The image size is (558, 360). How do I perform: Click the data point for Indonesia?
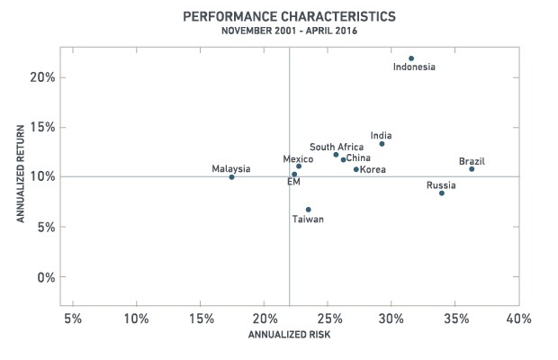tap(411, 58)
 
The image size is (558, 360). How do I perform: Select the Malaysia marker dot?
tap(231, 176)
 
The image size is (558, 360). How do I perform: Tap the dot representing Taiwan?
tap(308, 210)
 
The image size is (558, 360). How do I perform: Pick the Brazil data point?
tap(472, 169)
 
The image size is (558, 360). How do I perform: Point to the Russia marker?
tap(442, 193)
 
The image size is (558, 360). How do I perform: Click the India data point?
tap(382, 144)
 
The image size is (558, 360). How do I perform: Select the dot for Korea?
tap(355, 169)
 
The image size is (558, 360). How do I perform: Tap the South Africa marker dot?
tap(336, 155)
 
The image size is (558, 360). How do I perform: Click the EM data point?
tap(294, 175)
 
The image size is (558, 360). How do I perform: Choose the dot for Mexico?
tap(299, 166)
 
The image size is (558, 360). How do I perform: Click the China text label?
tap(358, 157)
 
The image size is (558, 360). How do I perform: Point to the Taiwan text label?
tap(308, 219)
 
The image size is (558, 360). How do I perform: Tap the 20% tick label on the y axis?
tap(42, 77)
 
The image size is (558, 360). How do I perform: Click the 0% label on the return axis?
tap(46, 277)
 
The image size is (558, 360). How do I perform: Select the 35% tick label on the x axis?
tap(456, 319)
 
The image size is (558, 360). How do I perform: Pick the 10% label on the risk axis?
tap(136, 319)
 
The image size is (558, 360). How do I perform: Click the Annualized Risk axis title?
tap(289, 335)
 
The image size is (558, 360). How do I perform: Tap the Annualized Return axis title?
tap(21, 174)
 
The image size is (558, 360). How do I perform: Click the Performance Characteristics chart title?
tap(289, 16)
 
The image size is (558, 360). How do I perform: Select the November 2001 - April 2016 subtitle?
tap(289, 31)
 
